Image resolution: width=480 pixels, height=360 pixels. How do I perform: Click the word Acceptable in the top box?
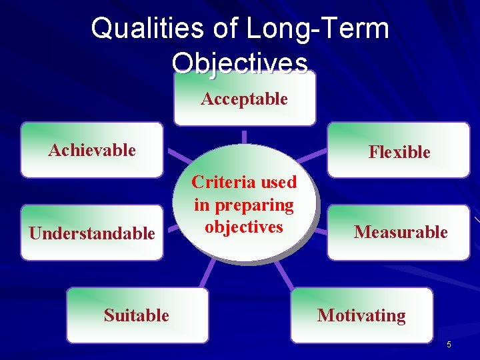pos(244,99)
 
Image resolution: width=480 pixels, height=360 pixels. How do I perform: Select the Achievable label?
pos(92,150)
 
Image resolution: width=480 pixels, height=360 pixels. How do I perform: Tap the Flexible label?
pos(399,152)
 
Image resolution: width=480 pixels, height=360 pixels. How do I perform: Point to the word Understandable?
pos(91,233)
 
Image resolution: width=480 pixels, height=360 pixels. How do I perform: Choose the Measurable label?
pos(400,232)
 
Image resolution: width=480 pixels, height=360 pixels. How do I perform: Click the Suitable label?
pos(136,315)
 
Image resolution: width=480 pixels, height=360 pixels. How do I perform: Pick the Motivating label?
pos(361,315)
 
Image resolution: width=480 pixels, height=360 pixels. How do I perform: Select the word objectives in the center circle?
pos(244,227)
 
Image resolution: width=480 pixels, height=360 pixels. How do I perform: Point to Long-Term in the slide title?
pos(317,29)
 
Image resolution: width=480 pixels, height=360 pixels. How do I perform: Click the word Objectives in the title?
pos(240,63)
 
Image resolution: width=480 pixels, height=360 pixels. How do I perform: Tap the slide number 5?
pos(449,344)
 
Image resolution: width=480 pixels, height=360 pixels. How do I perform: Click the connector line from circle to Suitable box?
pos(209,273)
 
